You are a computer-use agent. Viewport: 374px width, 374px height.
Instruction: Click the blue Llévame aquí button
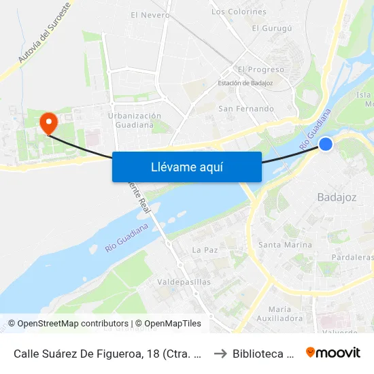186,167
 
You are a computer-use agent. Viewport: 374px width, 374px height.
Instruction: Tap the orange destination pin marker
48,123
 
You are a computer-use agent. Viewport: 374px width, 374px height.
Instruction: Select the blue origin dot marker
326,143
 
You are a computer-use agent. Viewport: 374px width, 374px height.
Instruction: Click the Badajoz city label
337,197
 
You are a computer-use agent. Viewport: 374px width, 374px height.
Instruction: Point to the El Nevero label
150,14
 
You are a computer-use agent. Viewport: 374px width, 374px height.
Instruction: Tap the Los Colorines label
239,12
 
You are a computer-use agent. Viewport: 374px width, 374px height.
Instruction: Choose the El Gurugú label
272,28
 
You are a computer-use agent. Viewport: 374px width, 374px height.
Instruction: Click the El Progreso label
261,69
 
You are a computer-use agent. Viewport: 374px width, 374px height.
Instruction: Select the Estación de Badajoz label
245,84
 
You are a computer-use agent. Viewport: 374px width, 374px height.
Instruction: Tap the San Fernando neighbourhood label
246,108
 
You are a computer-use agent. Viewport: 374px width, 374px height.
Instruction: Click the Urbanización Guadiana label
135,120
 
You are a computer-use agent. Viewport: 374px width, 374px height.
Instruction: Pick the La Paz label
205,250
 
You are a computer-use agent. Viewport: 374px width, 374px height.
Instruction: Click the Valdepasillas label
184,282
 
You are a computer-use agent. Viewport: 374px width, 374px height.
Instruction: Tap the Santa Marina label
286,244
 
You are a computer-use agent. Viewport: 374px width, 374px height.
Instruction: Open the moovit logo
333,352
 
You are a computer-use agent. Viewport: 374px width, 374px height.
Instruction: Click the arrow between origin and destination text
219,353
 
